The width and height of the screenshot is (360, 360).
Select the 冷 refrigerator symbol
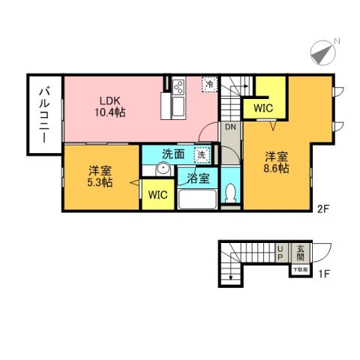click(x=210, y=85)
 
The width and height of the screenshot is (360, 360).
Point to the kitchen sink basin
click(x=179, y=108)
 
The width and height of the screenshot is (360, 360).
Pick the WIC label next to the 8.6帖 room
click(x=263, y=109)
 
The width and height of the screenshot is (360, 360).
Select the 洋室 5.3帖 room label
click(x=100, y=175)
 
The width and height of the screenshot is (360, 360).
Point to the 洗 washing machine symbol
click(x=200, y=154)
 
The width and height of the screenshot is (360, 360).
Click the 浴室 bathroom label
click(x=198, y=179)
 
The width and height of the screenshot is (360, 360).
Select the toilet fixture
click(x=231, y=193)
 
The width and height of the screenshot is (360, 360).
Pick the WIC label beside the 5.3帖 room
click(x=157, y=196)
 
